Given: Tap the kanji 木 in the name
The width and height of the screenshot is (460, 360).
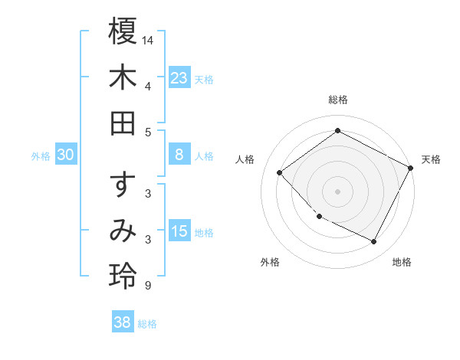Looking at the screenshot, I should [x=123, y=77].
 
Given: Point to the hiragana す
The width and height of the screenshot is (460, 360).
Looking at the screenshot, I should [x=123, y=185].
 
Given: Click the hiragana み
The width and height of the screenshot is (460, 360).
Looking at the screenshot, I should [x=123, y=231].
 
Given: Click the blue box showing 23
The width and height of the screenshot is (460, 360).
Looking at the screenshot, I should [x=179, y=77].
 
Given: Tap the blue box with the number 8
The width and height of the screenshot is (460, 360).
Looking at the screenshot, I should [x=179, y=155].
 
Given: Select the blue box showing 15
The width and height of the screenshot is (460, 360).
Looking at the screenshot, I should [x=179, y=231].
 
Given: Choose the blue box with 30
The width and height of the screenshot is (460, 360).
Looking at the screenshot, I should [x=66, y=155].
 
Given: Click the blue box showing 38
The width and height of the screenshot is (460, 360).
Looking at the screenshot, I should [x=123, y=322].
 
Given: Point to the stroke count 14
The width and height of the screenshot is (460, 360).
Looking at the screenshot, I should [x=148, y=38].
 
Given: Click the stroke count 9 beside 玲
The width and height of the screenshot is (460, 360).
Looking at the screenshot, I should [x=147, y=286].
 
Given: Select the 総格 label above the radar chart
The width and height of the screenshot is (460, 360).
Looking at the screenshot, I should [x=337, y=100].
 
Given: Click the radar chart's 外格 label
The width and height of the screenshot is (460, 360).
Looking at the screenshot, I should [x=270, y=262].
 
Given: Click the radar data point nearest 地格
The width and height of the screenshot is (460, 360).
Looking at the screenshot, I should [x=374, y=242].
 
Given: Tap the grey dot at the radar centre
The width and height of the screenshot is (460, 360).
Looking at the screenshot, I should [x=337, y=191].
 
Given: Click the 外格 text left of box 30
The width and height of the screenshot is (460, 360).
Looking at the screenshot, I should [x=41, y=155].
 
